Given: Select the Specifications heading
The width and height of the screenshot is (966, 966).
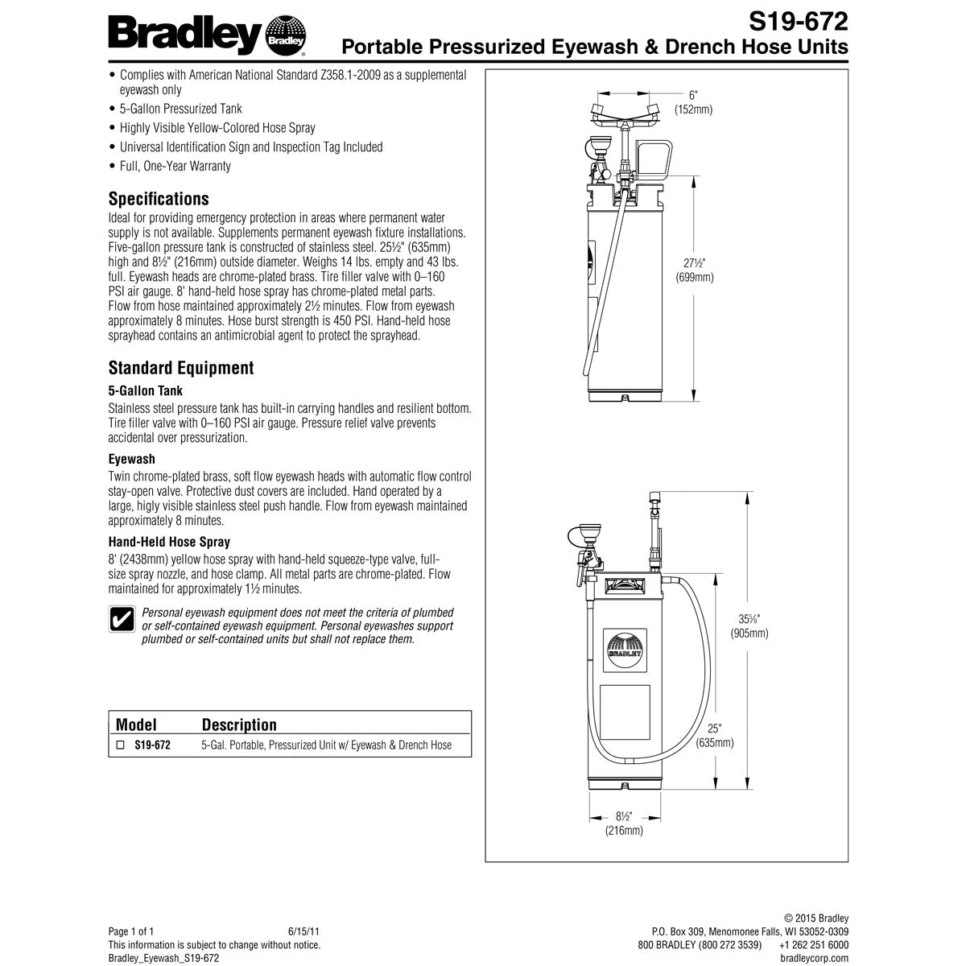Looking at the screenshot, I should click(x=159, y=199).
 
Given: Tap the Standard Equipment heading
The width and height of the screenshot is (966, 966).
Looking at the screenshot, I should click(x=181, y=368).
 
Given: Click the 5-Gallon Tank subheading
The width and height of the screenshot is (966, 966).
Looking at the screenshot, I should click(x=146, y=391).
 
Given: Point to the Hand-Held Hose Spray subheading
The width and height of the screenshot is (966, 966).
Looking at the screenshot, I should click(x=169, y=543).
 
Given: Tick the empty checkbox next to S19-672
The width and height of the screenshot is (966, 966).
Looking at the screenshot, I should click(x=120, y=745).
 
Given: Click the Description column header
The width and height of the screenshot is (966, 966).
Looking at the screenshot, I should click(x=239, y=724).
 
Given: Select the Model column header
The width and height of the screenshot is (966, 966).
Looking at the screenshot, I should click(x=136, y=724).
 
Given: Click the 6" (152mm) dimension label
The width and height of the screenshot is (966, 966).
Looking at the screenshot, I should click(x=693, y=102).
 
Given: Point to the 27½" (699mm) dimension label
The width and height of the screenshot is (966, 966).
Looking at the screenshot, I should click(x=694, y=270).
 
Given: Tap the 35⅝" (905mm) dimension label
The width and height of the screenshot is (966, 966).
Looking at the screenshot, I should click(x=749, y=626).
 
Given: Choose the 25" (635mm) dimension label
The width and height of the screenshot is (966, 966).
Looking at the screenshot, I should click(x=715, y=735).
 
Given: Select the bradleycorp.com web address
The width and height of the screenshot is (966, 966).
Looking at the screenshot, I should click(x=814, y=958).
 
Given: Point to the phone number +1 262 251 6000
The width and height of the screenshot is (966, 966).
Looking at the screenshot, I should click(x=813, y=945).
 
